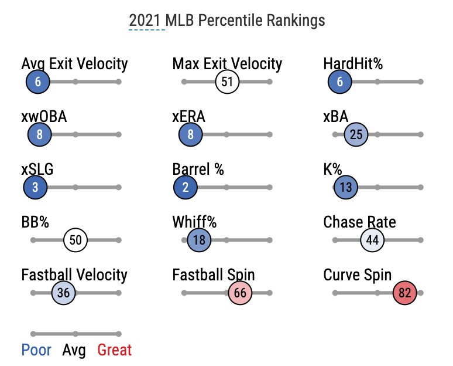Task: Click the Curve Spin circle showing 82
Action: coord(404,293)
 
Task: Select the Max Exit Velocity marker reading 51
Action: coord(227,82)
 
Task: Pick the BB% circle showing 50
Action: coord(75,240)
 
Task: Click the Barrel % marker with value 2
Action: coord(186,187)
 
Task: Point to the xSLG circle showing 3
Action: coord(35,187)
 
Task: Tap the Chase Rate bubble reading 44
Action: coord(372,240)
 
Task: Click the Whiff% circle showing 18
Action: coord(199,240)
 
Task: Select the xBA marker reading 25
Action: coord(356,134)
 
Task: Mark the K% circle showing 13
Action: coord(345,187)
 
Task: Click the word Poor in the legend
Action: coord(38,350)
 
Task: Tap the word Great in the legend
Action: coord(115,350)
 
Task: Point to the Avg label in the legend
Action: coord(74,350)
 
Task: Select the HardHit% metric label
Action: coord(353,63)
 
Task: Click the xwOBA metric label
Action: coord(44,116)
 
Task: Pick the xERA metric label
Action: coord(188,116)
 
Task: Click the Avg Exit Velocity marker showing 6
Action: coord(38,82)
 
